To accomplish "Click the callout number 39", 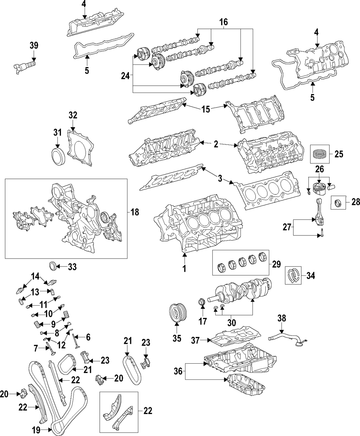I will (34, 45).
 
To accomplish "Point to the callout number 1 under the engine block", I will (184, 269).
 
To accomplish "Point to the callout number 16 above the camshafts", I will (224, 22).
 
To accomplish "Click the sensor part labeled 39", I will (24, 67).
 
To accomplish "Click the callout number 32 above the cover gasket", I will (73, 115).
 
